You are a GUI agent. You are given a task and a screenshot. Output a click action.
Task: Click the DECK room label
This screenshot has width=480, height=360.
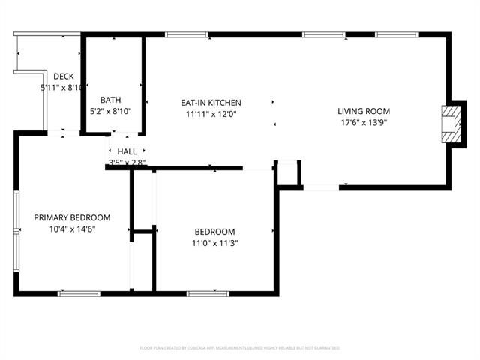(x=64, y=76)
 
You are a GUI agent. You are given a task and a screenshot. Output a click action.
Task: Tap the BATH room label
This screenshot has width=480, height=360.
(x=110, y=100)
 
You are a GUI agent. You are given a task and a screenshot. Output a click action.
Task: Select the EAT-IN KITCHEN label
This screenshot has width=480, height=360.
(x=211, y=103)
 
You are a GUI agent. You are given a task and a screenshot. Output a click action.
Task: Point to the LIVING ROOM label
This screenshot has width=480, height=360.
(x=364, y=111)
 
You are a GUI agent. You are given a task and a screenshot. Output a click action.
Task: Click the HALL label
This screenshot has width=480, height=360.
(x=127, y=151)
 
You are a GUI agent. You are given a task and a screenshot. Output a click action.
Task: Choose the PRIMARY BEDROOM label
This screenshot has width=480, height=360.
(x=72, y=217)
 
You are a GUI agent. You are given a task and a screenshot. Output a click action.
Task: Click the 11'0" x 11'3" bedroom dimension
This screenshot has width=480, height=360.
(x=214, y=242)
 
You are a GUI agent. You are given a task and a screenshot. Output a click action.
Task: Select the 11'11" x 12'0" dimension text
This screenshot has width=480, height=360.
(x=211, y=114)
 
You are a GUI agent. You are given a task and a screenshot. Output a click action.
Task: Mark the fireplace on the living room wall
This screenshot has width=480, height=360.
(x=448, y=123)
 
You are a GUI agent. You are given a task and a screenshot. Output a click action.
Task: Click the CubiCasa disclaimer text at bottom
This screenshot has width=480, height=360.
(x=240, y=348)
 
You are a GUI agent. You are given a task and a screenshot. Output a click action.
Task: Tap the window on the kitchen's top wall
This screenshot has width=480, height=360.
(x=187, y=34)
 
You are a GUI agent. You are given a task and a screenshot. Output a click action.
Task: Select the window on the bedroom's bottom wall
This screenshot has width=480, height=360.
(x=208, y=292)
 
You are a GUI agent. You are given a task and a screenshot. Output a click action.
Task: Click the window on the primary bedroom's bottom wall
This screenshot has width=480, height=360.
(x=79, y=292)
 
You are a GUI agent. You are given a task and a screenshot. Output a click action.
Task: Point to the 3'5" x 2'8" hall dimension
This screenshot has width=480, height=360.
(x=127, y=162)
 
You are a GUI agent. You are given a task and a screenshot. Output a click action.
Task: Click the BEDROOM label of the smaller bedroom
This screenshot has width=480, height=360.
(x=214, y=232)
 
